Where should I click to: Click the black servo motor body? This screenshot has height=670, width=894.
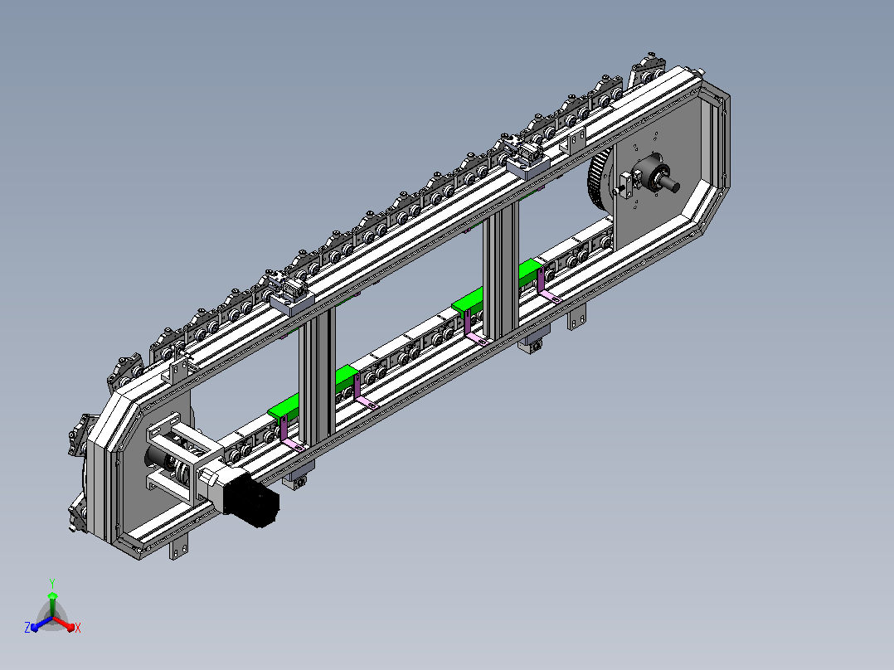click(x=250, y=498)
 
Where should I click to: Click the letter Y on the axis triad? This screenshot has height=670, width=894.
click(x=52, y=583)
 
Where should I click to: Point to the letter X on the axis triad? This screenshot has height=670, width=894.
click(x=78, y=628)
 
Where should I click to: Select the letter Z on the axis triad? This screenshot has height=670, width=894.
click(x=27, y=627)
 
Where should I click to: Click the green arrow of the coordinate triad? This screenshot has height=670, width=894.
click(x=52, y=604)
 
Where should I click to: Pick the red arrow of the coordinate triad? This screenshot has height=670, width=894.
click(x=63, y=623)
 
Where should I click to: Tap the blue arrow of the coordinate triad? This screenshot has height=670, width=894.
click(x=41, y=623)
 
